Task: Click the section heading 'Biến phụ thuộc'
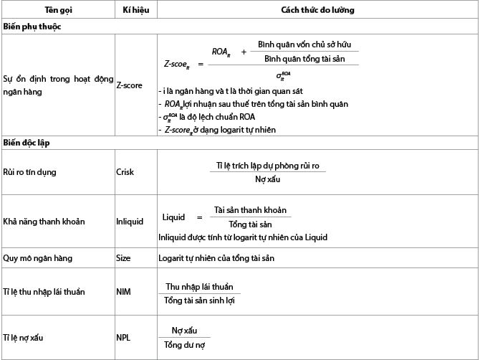tap(32, 27)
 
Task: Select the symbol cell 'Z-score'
tap(129, 85)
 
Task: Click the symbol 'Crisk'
tap(125, 172)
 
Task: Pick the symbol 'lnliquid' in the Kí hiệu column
tap(130, 221)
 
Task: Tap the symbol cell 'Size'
tap(123, 257)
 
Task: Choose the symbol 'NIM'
tap(123, 293)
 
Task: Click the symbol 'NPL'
tap(123, 337)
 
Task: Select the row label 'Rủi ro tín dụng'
tap(31, 172)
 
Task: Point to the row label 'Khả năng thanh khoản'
tap(44, 221)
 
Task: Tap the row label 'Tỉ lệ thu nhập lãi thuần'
tap(46, 293)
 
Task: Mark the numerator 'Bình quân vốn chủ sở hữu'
tap(307, 44)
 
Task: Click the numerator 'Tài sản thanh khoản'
tap(250, 210)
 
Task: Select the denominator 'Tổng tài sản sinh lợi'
tap(200, 299)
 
